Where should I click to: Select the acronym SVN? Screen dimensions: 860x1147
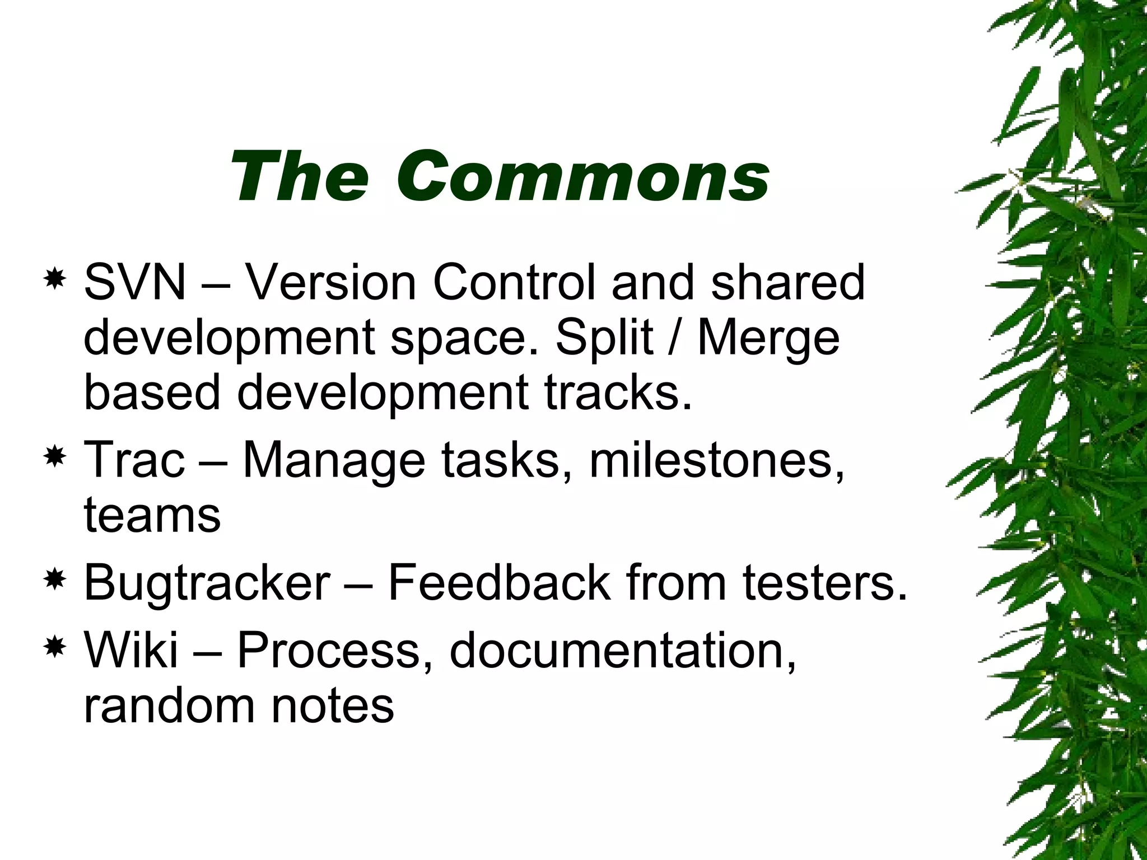(x=134, y=282)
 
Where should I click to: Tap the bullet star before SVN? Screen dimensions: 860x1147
(x=55, y=278)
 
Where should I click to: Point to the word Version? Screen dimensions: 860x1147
(x=331, y=282)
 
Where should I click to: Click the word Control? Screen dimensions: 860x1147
(x=514, y=282)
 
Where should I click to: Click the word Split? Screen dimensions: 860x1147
(x=604, y=338)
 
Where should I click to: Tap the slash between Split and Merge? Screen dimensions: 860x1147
(x=675, y=338)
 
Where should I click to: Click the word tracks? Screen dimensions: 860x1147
(x=618, y=392)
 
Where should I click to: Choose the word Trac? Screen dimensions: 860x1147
(x=134, y=460)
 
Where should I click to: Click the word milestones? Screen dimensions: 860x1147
(x=717, y=460)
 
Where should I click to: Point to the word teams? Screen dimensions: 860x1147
(x=152, y=515)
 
